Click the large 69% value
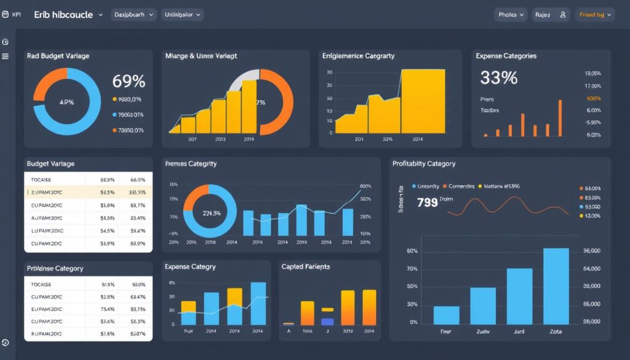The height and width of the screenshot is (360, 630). [129, 81]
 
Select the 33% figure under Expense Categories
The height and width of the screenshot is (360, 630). [498, 78]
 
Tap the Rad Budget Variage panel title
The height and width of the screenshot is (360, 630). [58, 56]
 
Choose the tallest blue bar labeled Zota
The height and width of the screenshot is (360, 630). [556, 286]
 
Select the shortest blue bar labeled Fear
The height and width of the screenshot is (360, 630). [446, 315]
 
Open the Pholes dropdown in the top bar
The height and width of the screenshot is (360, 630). [511, 15]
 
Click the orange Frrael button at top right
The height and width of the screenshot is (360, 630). [595, 15]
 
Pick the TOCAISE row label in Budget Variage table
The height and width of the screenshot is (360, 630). [41, 180]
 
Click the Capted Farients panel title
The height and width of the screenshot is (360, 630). [305, 266]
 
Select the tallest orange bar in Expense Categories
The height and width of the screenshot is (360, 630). [560, 118]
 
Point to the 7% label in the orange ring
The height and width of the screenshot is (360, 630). [260, 102]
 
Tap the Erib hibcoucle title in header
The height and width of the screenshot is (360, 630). [65, 14]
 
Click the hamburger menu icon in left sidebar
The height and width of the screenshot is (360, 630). [6, 56]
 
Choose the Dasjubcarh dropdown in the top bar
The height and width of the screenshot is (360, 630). [134, 14]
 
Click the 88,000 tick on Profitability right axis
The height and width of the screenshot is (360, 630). [591, 252]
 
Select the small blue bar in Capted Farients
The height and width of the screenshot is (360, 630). [327, 321]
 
